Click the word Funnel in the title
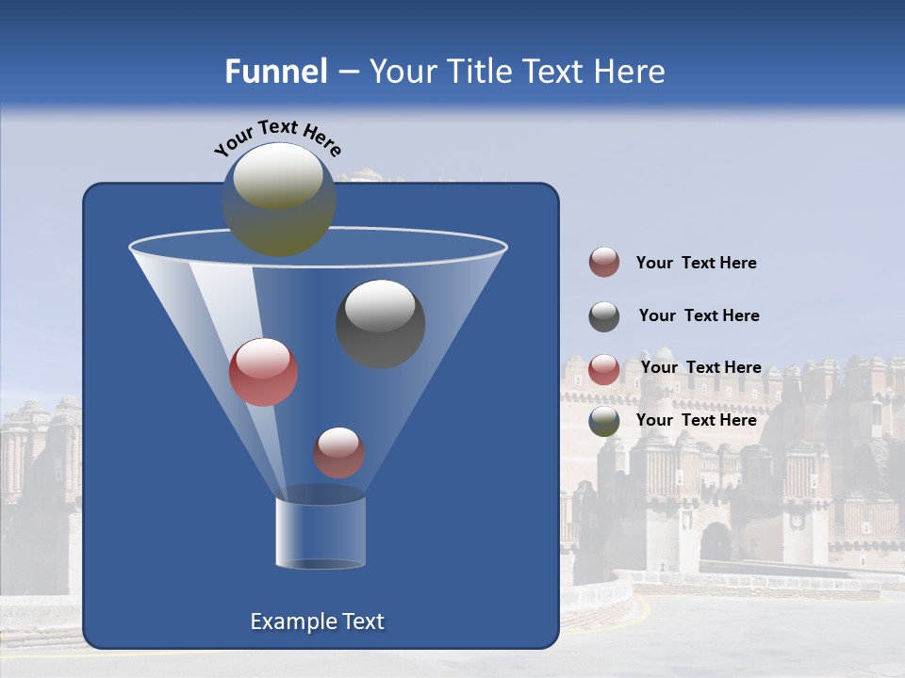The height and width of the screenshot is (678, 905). point(275,72)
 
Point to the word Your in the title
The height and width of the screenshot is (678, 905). point(403,72)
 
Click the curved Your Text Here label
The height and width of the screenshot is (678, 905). point(277,136)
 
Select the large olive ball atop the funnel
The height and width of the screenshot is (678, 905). point(279,199)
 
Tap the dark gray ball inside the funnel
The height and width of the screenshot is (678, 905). point(380,324)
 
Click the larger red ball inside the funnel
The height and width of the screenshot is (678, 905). point(264,372)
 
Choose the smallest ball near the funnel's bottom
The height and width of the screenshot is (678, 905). point(338,452)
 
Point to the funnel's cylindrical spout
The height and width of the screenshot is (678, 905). point(320,532)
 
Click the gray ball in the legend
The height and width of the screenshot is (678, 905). point(604,316)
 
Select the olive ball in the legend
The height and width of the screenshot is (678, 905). point(604,421)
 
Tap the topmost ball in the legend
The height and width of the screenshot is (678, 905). point(604,262)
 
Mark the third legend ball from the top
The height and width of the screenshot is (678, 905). point(604,369)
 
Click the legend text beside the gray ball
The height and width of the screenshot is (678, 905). point(699,315)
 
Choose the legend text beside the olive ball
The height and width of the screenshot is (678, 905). point(696,420)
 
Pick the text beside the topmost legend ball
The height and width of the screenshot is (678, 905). point(696,263)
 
